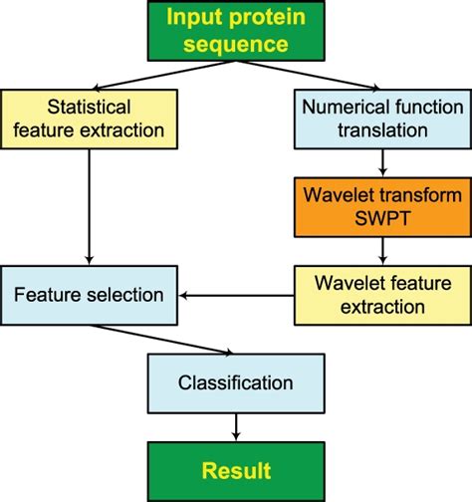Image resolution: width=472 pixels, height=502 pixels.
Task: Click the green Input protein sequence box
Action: point(235,32)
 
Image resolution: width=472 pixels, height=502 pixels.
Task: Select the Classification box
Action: point(235,382)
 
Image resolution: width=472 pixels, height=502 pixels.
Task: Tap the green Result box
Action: point(235,469)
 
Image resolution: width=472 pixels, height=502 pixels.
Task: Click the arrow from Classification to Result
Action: point(236,427)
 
